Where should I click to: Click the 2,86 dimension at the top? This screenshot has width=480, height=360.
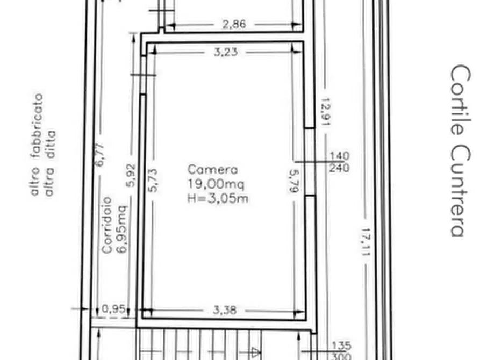click(234, 24)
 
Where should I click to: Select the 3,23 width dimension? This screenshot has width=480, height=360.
click(226, 52)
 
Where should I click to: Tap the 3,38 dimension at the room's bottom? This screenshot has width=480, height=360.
click(225, 310)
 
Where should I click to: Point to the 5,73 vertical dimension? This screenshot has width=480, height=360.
click(153, 181)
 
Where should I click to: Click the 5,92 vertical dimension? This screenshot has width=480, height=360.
click(131, 175)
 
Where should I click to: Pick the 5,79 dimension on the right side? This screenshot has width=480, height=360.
click(293, 181)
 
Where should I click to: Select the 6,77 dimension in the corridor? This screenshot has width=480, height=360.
click(100, 155)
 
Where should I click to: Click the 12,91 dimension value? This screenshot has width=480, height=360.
click(325, 112)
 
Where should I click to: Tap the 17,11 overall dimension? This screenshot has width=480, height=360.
click(366, 242)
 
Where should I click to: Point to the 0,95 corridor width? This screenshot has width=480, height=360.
click(113, 308)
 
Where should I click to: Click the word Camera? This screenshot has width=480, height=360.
click(212, 170)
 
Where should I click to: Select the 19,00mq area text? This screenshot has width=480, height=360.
click(216, 184)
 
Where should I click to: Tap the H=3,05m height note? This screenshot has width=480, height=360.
click(218, 198)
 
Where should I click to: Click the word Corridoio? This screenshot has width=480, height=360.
click(107, 225)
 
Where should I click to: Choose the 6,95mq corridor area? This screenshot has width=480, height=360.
click(121, 229)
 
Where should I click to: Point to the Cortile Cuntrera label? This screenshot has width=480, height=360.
click(461, 150)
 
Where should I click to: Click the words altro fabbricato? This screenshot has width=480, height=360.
click(37, 144)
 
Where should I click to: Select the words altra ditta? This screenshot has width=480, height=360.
click(50, 163)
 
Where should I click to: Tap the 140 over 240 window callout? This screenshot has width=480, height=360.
click(339, 162)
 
